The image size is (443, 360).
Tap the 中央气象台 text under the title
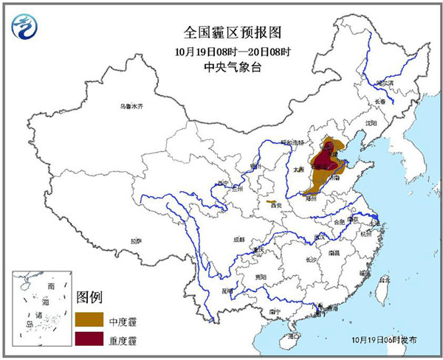222,67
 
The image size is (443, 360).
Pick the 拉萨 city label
136,240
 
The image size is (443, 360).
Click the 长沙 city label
312,260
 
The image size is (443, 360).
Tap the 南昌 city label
334,252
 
